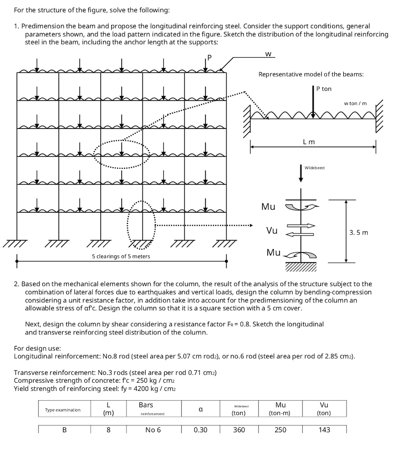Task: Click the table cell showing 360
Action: [239, 430]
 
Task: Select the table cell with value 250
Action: [280, 430]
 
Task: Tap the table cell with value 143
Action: [324, 430]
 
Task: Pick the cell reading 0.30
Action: [200, 430]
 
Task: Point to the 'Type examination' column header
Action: [63, 409]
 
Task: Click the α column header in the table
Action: [200, 409]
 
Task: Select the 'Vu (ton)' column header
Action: [324, 409]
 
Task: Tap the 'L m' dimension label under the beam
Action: [309, 142]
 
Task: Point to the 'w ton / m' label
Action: [355, 103]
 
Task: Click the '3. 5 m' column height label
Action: [359, 233]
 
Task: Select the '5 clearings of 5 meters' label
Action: [121, 257]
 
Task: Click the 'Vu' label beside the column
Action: [272, 230]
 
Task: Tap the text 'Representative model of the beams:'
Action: [311, 74]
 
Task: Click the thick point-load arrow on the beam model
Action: [313, 102]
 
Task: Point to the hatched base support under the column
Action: [301, 267]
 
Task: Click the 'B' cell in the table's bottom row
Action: [64, 430]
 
